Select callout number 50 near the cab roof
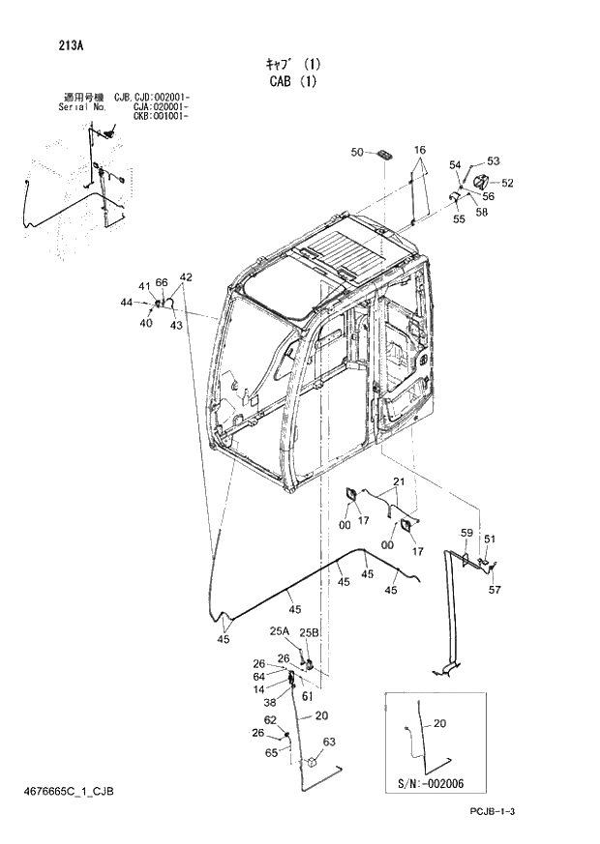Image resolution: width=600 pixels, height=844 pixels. click(x=356, y=153)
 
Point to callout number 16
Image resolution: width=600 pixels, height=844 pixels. click(x=420, y=151)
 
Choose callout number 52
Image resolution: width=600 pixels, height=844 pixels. click(x=507, y=183)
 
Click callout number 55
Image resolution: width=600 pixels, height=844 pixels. click(x=459, y=218)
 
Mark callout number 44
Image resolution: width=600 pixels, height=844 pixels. click(x=126, y=304)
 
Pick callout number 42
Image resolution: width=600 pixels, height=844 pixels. click(x=186, y=277)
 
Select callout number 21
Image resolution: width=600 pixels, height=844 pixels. click(x=398, y=482)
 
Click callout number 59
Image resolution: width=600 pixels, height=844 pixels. click(x=465, y=533)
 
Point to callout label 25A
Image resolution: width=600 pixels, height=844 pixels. click(x=280, y=631)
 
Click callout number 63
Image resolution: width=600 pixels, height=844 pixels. click(x=329, y=742)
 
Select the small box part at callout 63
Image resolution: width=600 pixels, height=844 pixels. click(x=313, y=764)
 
